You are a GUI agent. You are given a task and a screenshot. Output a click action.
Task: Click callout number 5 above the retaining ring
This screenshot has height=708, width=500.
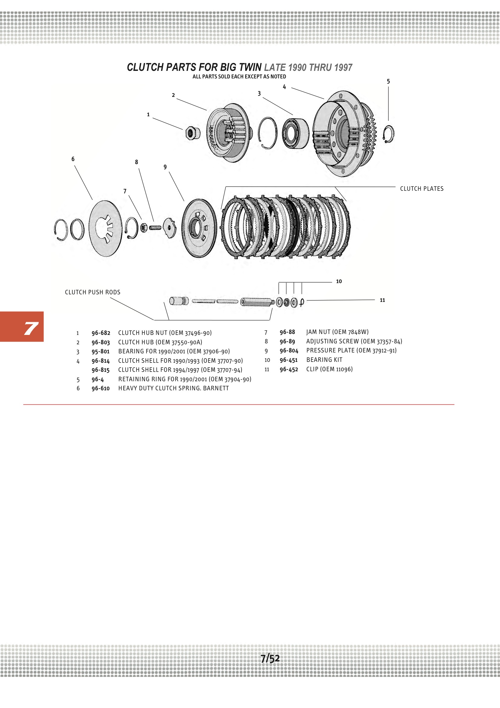(388, 81)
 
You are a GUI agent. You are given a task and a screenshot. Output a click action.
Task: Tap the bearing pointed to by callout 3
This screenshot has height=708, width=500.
(295, 134)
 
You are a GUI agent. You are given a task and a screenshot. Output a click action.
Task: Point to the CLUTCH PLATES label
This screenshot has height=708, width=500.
(421, 189)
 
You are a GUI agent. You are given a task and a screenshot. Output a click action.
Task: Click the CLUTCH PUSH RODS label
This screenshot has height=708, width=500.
(93, 292)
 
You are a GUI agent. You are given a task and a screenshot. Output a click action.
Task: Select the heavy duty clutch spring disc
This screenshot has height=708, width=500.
(105, 228)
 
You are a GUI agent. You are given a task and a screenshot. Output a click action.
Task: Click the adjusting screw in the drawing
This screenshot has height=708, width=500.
(155, 228)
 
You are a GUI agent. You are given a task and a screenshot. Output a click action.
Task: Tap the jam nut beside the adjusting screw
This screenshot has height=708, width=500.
(144, 228)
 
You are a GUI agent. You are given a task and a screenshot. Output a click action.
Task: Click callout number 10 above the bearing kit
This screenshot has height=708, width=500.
(339, 281)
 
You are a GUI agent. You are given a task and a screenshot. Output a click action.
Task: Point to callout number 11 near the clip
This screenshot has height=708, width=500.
(382, 300)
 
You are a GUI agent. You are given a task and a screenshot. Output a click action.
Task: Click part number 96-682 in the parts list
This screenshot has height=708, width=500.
(101, 333)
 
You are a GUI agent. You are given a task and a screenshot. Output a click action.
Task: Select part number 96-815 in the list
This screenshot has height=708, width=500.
(100, 370)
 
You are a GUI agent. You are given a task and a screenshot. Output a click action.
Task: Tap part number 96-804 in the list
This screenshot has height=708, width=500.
(289, 351)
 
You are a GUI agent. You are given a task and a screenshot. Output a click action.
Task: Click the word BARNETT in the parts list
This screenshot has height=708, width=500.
(216, 388)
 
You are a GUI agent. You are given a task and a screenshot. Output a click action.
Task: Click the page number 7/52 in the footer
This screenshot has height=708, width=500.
(270, 658)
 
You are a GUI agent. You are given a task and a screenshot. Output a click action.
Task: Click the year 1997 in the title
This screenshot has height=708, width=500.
(343, 68)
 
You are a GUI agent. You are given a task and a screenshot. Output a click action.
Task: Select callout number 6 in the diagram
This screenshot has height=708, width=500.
(73, 159)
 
